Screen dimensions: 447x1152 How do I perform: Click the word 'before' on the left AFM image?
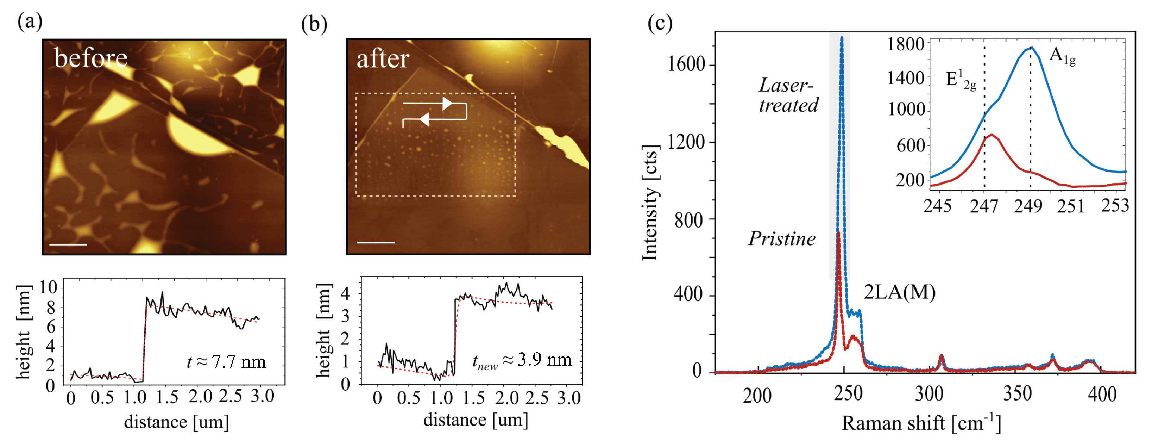[91, 58]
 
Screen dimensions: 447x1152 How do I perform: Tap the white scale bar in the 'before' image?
[68, 245]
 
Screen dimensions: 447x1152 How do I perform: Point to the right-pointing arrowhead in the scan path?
[447, 103]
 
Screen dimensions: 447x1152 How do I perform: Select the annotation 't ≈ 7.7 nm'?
[226, 361]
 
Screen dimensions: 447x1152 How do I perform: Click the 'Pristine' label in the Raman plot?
[782, 238]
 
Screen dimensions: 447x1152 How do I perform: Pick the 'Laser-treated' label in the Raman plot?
[788, 95]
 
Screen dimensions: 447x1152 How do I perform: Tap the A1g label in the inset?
[1062, 56]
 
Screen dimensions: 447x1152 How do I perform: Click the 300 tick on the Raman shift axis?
[929, 394]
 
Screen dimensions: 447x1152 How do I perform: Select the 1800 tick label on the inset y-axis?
[905, 44]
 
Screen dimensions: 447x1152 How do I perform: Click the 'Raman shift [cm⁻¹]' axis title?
[921, 423]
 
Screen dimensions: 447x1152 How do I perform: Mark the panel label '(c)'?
[660, 23]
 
